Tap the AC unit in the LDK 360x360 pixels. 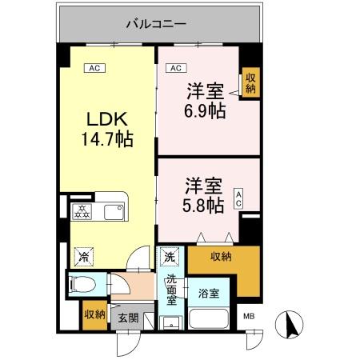[94, 68]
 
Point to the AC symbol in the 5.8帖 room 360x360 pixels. [238, 199]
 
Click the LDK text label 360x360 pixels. [105, 120]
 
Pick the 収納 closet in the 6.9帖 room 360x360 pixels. [251, 82]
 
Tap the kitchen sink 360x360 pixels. [113, 213]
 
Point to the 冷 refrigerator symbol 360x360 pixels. [83, 258]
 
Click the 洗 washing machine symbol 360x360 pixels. [170, 258]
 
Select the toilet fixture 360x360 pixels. [83, 285]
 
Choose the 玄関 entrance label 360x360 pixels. [128, 318]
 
